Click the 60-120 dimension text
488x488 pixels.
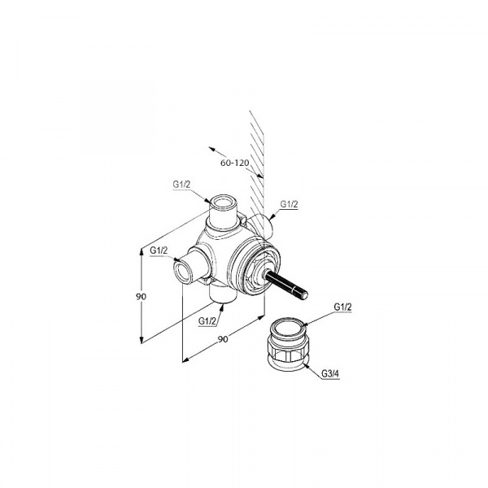click(235, 163)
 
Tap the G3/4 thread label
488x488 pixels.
click(330, 374)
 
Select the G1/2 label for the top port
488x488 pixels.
click(181, 185)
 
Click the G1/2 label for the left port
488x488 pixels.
click(159, 250)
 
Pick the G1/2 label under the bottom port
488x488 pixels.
click(207, 321)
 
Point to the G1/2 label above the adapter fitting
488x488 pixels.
click(342, 307)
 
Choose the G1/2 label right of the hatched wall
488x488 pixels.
click(289, 204)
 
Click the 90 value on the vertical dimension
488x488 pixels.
click(141, 297)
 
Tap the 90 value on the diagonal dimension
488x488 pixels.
click(223, 339)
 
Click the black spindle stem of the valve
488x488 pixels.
click(286, 284)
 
